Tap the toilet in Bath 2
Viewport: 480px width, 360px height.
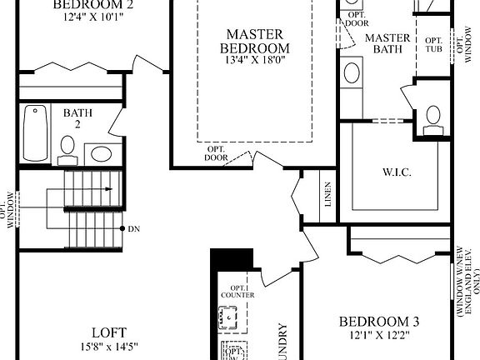(68, 147)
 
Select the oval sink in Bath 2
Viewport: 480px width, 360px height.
(102, 153)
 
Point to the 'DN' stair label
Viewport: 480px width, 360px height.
(136, 227)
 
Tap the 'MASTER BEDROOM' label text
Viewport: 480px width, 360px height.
(254, 41)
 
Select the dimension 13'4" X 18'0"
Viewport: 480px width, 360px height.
(254, 59)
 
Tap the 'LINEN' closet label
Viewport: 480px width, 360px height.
(328, 195)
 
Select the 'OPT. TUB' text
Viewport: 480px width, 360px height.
(434, 47)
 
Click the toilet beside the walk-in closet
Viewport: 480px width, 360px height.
(432, 118)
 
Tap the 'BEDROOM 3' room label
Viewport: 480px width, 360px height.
(379, 322)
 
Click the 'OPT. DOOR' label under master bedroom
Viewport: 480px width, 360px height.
(217, 153)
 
